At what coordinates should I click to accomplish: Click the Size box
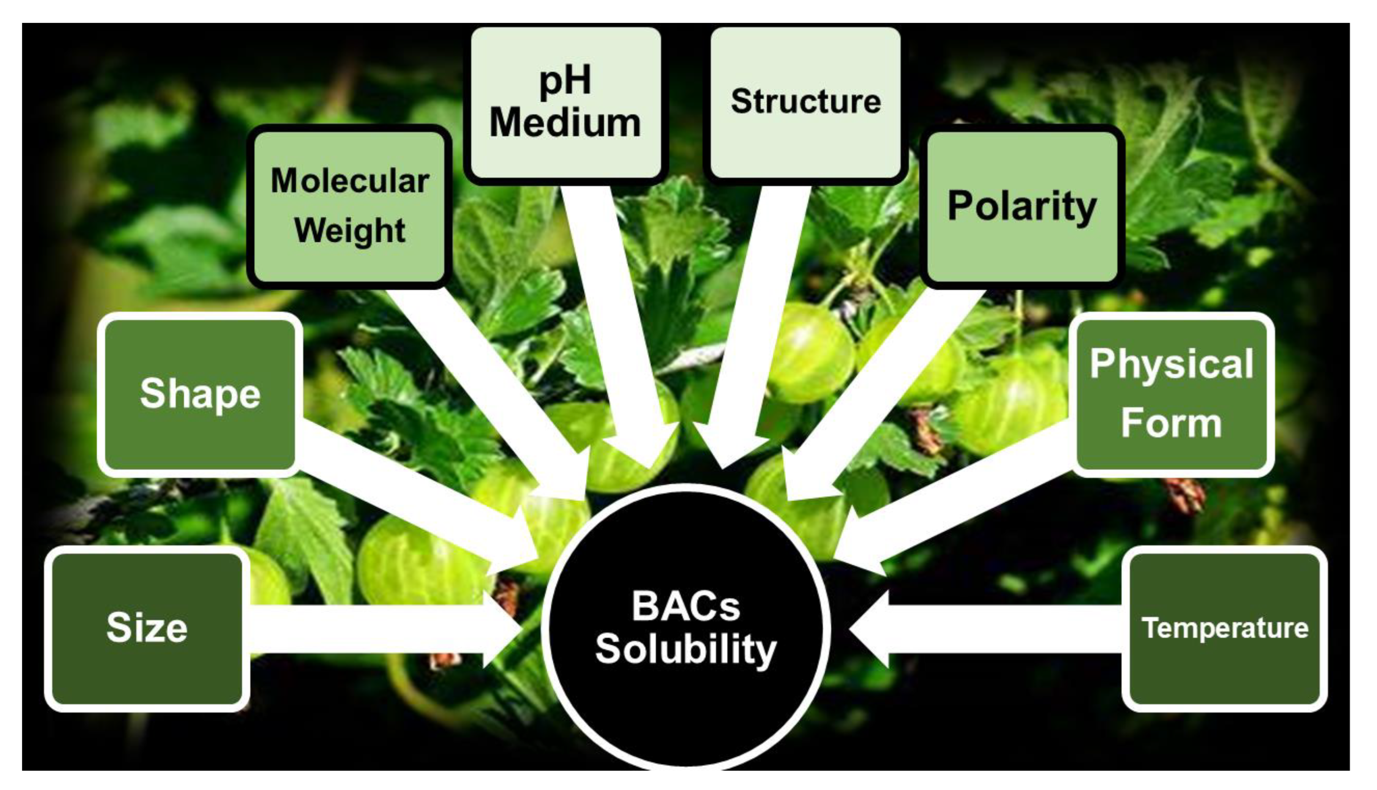click(x=147, y=628)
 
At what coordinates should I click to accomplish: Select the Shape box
click(x=199, y=394)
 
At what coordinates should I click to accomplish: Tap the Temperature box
click(x=1224, y=628)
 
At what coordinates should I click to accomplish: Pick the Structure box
click(x=805, y=102)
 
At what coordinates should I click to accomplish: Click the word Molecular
click(x=350, y=180)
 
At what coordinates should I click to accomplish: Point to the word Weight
click(x=350, y=231)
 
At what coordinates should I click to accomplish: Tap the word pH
click(x=564, y=80)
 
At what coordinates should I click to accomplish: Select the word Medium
click(x=564, y=123)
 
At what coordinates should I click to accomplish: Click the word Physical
click(x=1172, y=364)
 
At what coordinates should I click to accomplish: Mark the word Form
click(x=1172, y=423)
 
